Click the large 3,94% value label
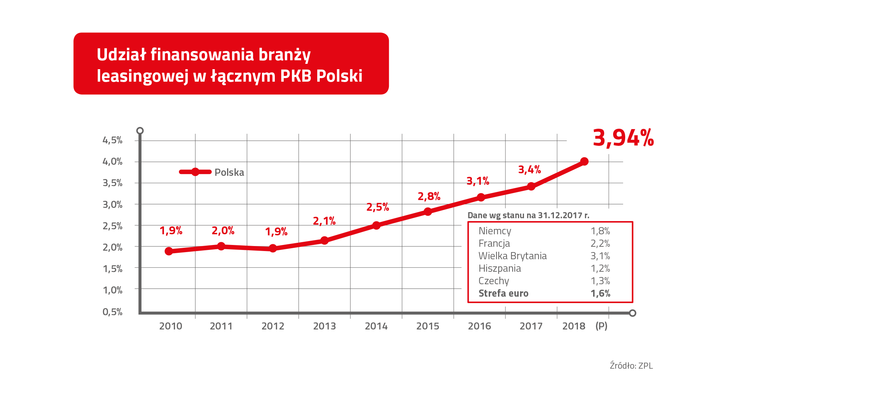(x=623, y=138)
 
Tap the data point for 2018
(x=584, y=162)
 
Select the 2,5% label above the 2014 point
(x=377, y=207)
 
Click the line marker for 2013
(x=324, y=240)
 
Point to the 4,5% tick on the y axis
(x=112, y=140)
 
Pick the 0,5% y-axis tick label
(x=112, y=312)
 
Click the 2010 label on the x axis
(x=170, y=326)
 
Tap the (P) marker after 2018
(x=601, y=326)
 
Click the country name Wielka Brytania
(x=512, y=256)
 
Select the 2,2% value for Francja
(x=600, y=244)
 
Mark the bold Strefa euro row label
(x=503, y=293)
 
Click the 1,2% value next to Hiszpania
(x=600, y=268)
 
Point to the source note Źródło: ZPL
(x=631, y=366)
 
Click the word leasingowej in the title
(x=142, y=76)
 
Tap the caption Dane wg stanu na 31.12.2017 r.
(x=528, y=215)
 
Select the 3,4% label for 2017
(x=529, y=170)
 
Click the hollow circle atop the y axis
(x=140, y=131)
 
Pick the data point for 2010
(x=169, y=251)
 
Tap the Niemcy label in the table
(x=495, y=231)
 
